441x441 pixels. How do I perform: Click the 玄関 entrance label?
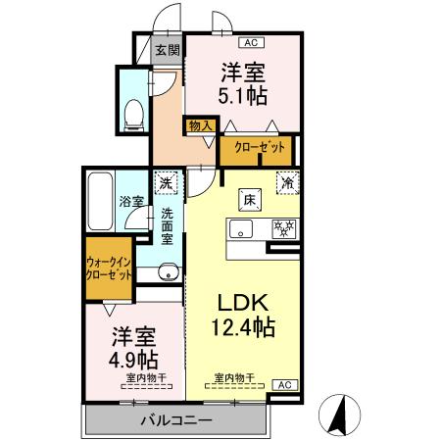(167, 50)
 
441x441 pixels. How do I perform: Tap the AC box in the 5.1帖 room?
(251, 42)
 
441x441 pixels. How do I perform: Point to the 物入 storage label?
(200, 126)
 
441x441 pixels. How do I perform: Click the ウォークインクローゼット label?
(109, 269)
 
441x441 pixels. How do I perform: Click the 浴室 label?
(131, 201)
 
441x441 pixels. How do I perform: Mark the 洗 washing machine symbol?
(167, 182)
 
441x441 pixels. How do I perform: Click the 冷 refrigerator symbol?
(288, 182)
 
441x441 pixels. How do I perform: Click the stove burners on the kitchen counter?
(283, 229)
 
